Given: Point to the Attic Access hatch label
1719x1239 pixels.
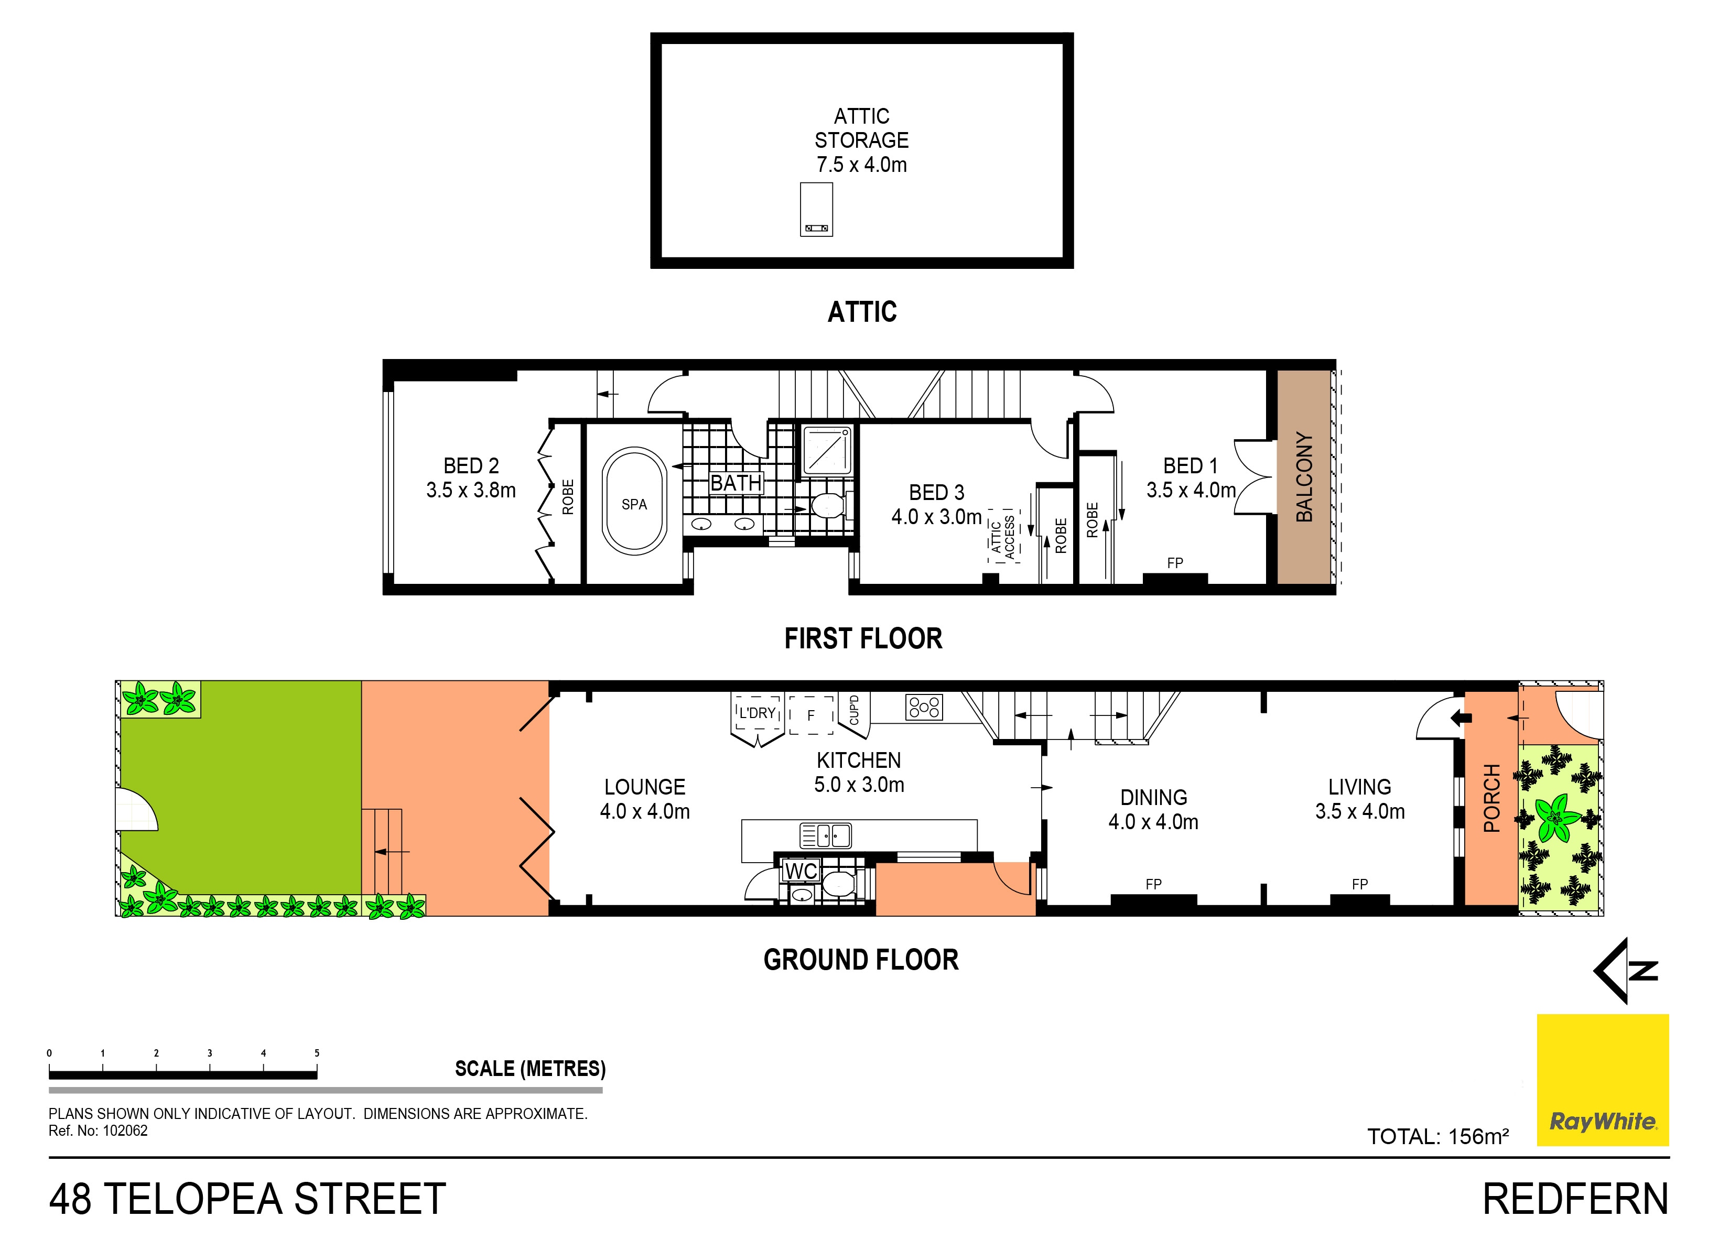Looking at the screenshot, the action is coord(1003,537).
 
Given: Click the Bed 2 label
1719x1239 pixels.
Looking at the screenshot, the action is coord(471,477).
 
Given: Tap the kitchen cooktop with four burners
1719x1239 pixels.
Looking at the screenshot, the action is coord(924,707).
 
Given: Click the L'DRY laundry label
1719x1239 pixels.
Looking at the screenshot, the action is coord(757,713).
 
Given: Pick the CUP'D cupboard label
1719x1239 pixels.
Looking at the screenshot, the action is coord(854,710).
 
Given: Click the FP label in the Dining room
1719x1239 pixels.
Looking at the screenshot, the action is coord(1153,884).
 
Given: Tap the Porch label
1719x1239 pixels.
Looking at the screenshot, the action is coord(1491,798).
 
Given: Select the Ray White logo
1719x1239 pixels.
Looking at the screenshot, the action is coord(1602,1080).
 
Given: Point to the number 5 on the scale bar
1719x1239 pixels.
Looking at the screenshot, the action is coord(317,1052).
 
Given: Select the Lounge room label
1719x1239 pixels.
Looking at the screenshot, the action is coord(645,799).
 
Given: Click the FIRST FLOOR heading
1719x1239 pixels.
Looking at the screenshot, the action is coord(863,639).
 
